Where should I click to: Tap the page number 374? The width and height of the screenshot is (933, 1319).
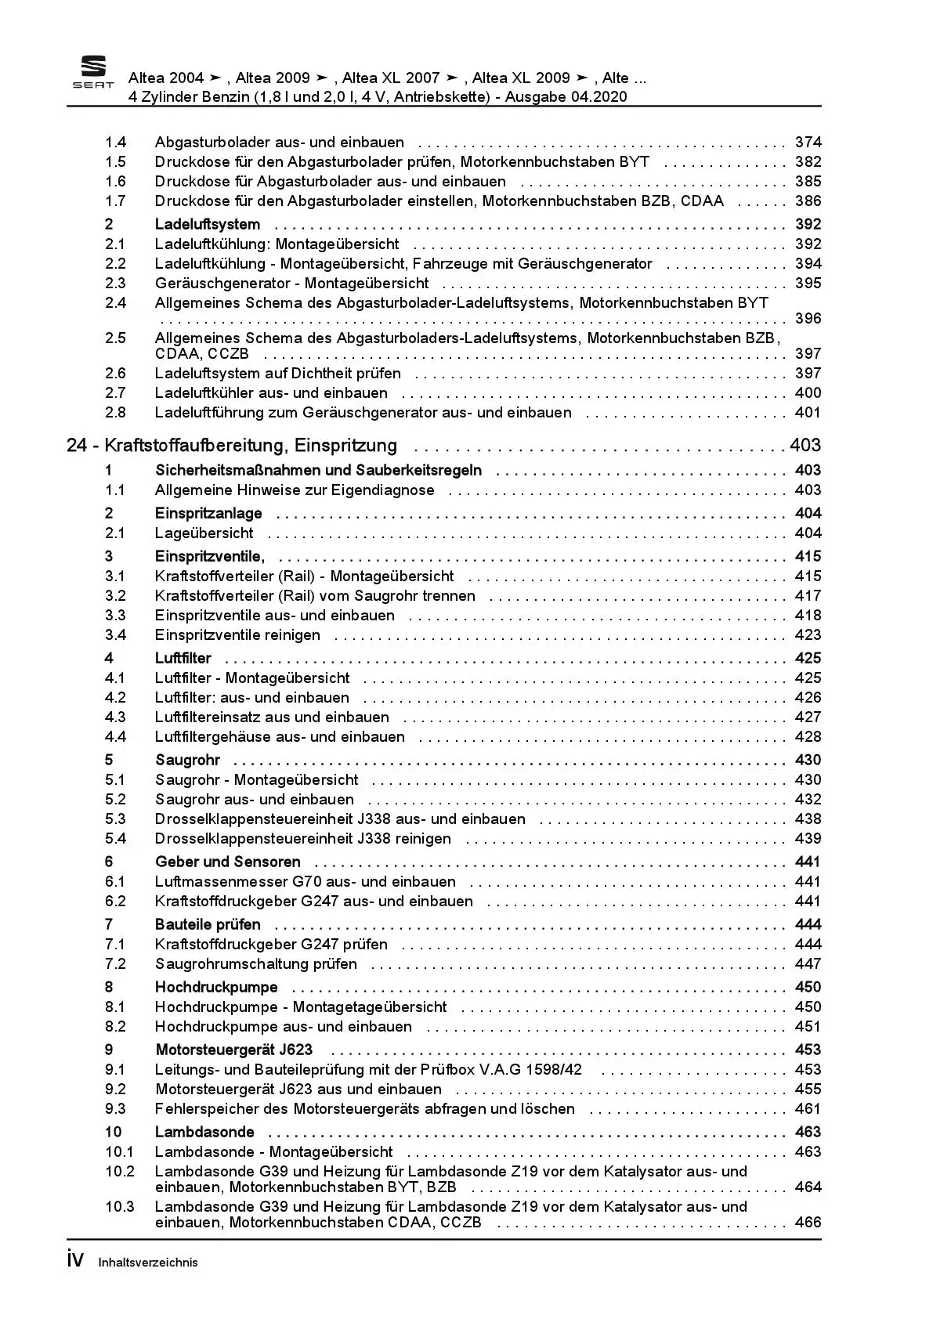[x=808, y=143]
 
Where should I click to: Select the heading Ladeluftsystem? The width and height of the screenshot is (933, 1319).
[x=207, y=225]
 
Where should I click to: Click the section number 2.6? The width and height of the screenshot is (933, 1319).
[x=115, y=374]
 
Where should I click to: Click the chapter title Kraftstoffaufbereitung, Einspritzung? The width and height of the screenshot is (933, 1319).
[x=251, y=446]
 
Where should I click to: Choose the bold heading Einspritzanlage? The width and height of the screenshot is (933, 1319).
[x=208, y=514]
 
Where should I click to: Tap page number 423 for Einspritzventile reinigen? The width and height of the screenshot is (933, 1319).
[x=808, y=635]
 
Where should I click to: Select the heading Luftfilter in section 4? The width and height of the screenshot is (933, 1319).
[x=183, y=659]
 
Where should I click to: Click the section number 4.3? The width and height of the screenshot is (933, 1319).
[x=115, y=717]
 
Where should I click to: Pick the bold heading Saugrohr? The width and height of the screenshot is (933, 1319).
[x=187, y=761]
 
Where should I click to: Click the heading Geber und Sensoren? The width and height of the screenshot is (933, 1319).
[x=227, y=862]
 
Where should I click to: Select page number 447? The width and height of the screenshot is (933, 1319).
[x=808, y=964]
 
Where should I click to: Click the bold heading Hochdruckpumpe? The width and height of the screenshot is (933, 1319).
[x=216, y=988]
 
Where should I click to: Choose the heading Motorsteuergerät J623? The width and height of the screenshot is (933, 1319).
[x=233, y=1050]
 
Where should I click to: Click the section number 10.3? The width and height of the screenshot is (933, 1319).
[x=119, y=1207]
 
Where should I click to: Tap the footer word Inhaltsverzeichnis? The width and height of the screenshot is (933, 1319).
[x=148, y=1263]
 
